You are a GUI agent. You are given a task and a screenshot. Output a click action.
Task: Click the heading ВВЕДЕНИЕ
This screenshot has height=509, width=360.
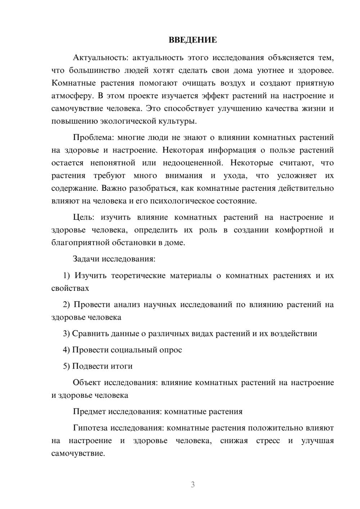tap(193, 40)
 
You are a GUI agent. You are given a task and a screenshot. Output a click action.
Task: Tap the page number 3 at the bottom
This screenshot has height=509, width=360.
tap(193, 485)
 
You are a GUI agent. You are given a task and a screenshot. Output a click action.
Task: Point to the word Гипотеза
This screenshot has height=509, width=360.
tap(90, 428)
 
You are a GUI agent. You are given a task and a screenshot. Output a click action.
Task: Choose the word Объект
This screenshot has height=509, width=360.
tap(87, 383)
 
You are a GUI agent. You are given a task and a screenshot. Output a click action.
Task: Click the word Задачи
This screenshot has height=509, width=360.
tap(86, 259)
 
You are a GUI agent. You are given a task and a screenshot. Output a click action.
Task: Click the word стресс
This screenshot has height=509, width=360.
tap(268, 441)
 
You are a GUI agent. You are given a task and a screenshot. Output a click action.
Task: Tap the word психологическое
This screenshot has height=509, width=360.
tap(177, 201)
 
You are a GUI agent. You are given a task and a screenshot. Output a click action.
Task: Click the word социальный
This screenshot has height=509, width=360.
tap(133, 350)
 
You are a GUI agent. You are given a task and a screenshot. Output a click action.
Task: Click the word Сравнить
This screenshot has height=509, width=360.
tap(89, 334)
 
